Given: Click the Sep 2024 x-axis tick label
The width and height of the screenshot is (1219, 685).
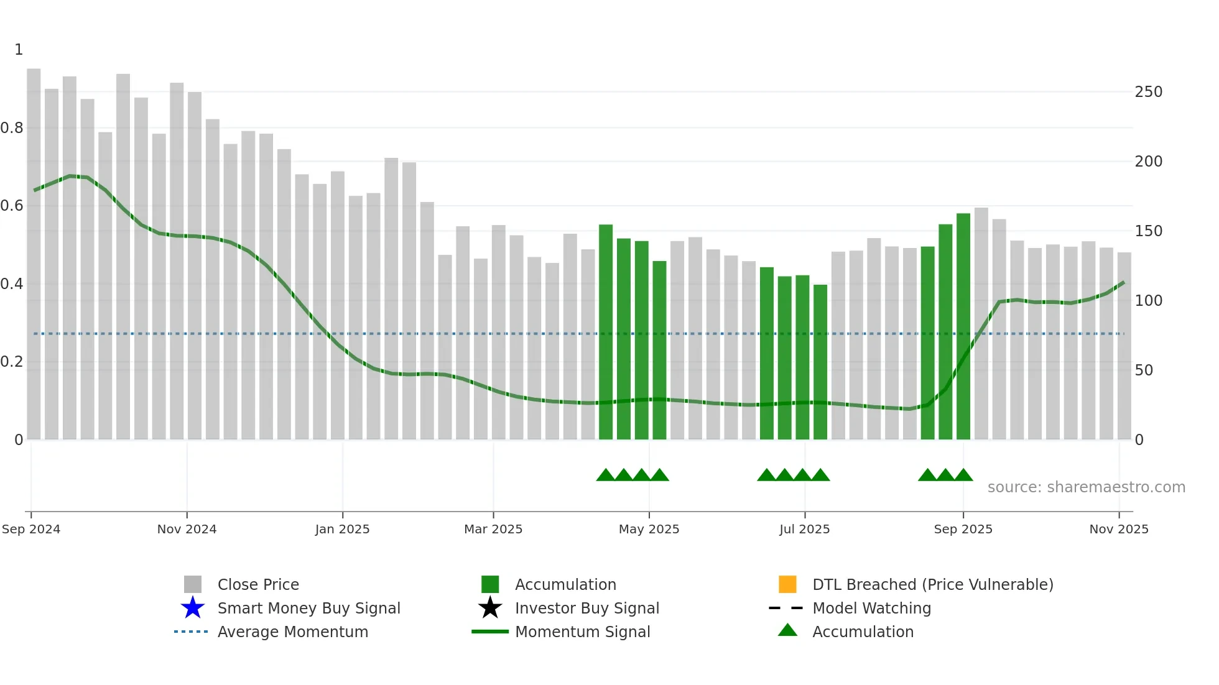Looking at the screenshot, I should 31,529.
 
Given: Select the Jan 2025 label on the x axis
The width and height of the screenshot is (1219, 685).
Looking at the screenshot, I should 342,529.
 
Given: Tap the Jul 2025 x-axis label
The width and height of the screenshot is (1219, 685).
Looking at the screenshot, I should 804,529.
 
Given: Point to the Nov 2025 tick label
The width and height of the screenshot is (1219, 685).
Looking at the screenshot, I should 1118,529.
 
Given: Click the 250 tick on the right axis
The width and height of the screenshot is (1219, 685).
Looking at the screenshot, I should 1148,92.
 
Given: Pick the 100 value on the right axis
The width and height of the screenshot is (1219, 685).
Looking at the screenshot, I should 1148,301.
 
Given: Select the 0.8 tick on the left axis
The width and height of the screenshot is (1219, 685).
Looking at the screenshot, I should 12,128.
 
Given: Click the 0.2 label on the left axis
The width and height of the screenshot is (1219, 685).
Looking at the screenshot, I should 12,362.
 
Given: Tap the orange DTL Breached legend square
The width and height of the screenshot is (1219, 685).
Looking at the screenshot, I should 787,584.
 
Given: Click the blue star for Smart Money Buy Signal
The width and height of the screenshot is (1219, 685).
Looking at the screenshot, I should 193,608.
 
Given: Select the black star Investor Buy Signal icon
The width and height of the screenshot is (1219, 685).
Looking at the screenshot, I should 490,608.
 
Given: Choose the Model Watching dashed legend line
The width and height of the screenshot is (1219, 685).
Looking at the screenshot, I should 786,608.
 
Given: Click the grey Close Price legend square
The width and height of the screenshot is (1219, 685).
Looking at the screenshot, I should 193,584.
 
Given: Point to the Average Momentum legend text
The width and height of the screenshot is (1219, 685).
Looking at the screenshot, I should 292,632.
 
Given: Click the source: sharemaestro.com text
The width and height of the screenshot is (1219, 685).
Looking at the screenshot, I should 1086,487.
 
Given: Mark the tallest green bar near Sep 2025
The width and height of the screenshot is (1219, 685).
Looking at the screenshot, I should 963,326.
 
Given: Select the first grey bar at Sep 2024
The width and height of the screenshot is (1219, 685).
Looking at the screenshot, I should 34,255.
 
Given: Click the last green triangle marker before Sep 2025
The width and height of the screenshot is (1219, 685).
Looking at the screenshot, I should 963,476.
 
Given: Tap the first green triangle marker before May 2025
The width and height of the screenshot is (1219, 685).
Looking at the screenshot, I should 605,476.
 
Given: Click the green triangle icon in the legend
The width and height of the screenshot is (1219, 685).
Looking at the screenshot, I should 787,631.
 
